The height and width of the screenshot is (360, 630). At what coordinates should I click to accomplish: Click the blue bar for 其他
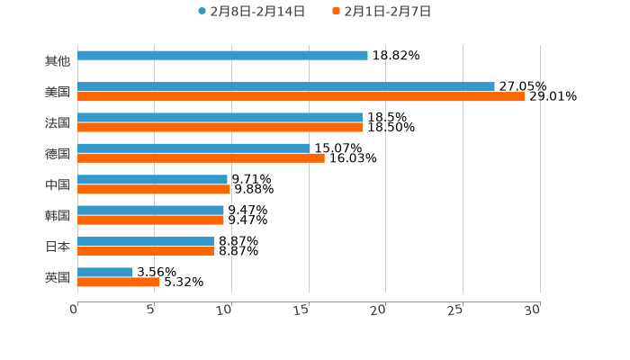click(222, 55)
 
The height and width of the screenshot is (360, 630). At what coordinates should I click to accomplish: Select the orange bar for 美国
click(301, 96)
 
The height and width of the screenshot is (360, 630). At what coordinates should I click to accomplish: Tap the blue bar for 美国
click(285, 86)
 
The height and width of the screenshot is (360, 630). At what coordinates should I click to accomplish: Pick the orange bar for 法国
click(220, 127)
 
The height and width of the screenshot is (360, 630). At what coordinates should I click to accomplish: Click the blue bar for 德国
click(193, 148)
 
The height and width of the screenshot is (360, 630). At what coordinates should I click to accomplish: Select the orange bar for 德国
click(201, 157)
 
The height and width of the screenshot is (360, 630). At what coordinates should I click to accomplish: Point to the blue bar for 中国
click(152, 179)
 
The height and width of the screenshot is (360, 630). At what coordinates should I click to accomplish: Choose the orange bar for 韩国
click(150, 220)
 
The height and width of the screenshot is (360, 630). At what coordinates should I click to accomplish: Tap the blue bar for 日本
click(146, 241)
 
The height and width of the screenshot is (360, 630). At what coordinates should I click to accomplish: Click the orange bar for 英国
click(119, 282)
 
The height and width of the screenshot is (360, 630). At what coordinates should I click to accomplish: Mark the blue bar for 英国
click(104, 272)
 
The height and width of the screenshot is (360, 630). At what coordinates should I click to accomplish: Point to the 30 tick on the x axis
click(533, 310)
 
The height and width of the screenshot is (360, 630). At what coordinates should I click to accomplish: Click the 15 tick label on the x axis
click(301, 310)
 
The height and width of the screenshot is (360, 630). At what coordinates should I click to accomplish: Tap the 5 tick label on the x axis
click(151, 310)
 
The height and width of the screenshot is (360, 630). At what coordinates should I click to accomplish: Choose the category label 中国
click(58, 184)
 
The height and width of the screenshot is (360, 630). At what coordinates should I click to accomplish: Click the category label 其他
click(58, 60)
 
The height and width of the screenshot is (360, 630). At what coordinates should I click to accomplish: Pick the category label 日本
click(58, 247)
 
